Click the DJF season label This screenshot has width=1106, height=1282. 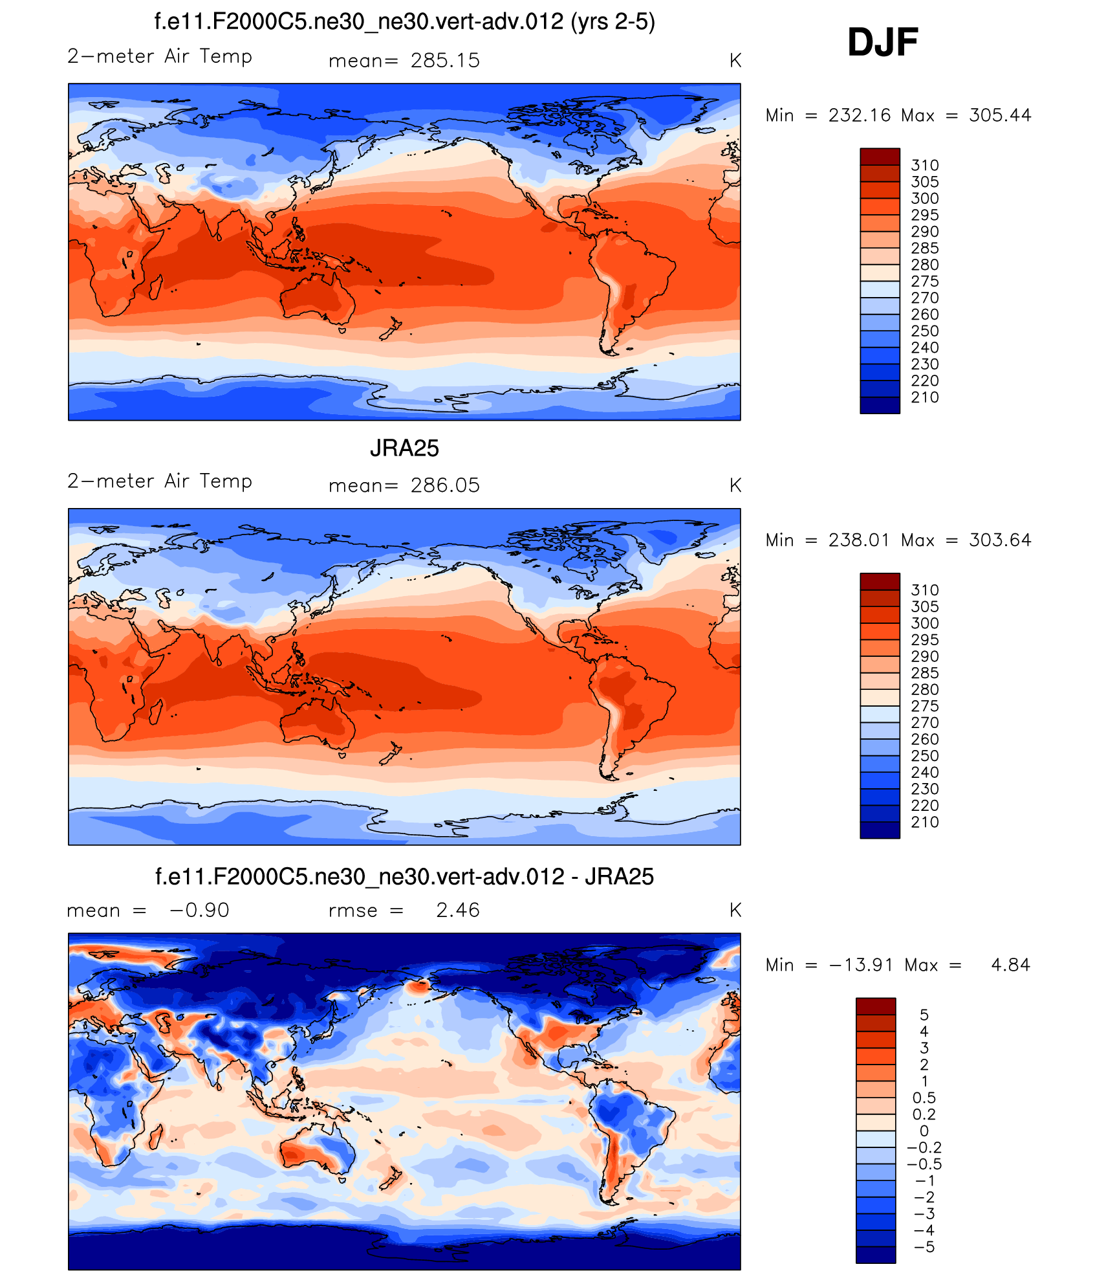(x=882, y=43)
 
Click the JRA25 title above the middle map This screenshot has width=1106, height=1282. (x=404, y=448)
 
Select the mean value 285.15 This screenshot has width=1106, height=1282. (x=445, y=61)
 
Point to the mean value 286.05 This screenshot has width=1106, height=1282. (x=445, y=485)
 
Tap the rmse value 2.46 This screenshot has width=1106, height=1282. (x=457, y=911)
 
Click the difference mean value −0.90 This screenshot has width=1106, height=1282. (x=199, y=911)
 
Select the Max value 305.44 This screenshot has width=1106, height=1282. (x=1000, y=115)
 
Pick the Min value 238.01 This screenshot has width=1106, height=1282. (x=859, y=540)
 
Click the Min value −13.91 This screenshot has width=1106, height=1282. (x=861, y=965)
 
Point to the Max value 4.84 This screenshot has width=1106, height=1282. (x=1010, y=965)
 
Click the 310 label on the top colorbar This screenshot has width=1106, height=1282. (x=924, y=165)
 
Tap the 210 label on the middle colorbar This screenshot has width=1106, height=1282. (x=924, y=823)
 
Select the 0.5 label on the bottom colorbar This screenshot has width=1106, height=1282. (x=924, y=1098)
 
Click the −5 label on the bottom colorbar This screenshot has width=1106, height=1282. (x=924, y=1247)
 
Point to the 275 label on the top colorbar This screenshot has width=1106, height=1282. (x=924, y=282)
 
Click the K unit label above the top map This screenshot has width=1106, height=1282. (x=735, y=61)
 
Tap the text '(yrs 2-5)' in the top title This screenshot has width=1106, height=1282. (x=613, y=22)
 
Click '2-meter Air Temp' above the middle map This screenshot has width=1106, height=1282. (x=160, y=481)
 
